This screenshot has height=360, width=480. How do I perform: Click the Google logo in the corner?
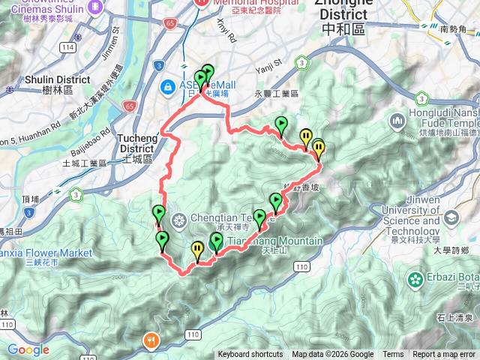(x=28, y=350)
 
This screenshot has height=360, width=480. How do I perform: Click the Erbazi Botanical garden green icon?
(x=415, y=280)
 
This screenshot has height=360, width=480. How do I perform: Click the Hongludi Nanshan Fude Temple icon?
(x=397, y=121)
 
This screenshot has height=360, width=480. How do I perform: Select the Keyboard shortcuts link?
(x=251, y=355)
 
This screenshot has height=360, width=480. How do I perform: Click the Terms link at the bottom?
(x=393, y=355)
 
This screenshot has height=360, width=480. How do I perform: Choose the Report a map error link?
(x=444, y=355)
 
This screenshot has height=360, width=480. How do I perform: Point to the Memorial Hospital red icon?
(x=200, y=3)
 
